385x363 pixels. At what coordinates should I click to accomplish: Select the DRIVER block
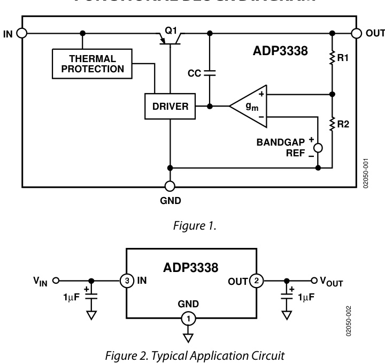click(x=170, y=106)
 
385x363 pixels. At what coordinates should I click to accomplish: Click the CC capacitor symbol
click(x=209, y=72)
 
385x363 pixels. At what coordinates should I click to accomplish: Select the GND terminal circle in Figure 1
click(x=170, y=186)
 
